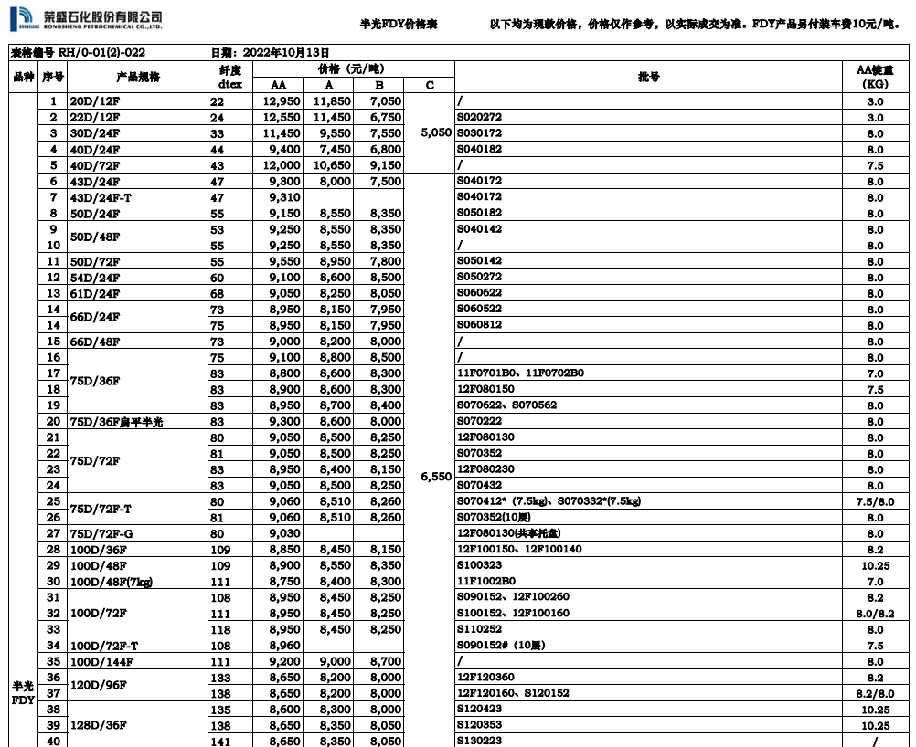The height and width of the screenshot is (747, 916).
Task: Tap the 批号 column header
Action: [648, 78]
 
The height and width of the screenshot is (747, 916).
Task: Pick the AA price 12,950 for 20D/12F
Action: [281, 101]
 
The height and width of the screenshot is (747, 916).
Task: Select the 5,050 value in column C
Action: [436, 132]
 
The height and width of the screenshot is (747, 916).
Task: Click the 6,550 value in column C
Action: [436, 477]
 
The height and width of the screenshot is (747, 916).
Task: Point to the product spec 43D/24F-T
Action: [101, 197]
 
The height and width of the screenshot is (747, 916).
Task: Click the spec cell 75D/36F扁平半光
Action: [120, 421]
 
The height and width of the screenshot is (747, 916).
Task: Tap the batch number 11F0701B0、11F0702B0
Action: [520, 373]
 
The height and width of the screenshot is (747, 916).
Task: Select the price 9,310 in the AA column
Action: [284, 197]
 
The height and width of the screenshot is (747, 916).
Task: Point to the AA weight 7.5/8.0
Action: [875, 501]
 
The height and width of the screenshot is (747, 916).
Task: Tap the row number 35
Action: [54, 661]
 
